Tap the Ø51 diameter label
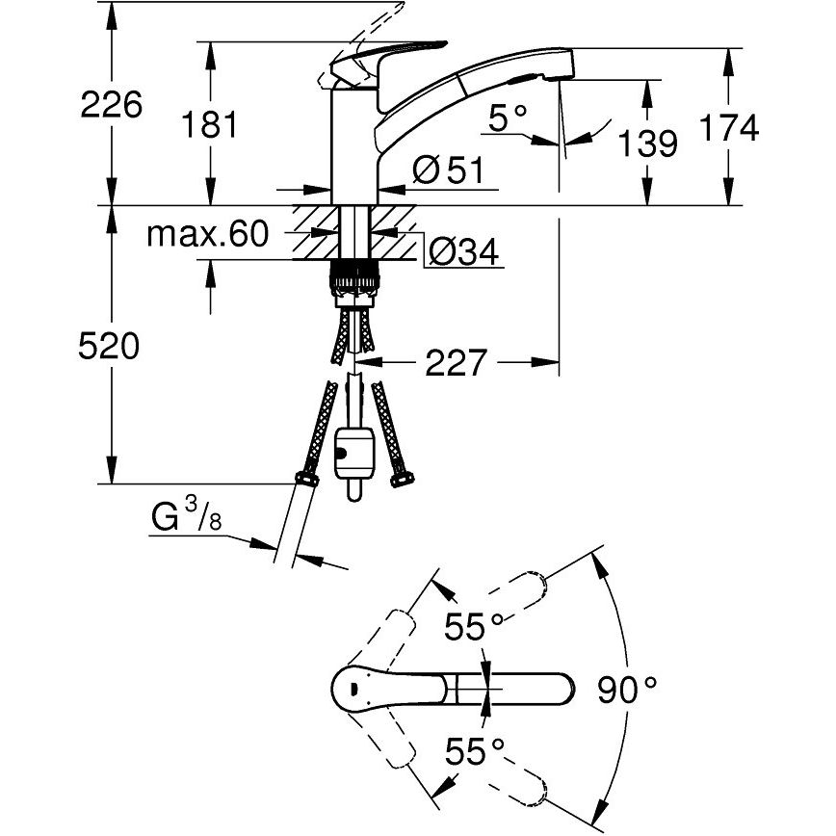point(446,171)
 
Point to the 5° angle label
point(509,119)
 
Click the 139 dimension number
point(645,144)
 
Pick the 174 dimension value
point(729,126)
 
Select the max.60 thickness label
point(207,234)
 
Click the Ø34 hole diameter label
point(462,253)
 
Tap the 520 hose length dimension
point(109,347)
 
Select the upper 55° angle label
point(474,627)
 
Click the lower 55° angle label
point(474,750)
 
